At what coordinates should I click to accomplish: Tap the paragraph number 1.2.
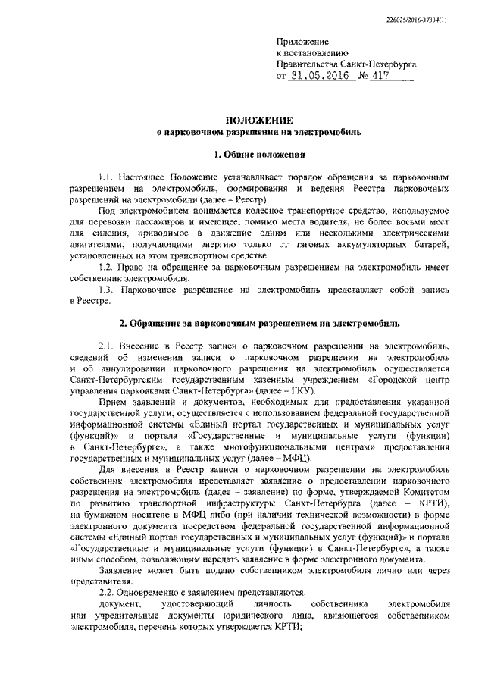point(108,266)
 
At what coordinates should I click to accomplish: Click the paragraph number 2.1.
point(108,345)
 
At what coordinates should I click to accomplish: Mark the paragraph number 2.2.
point(108,590)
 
